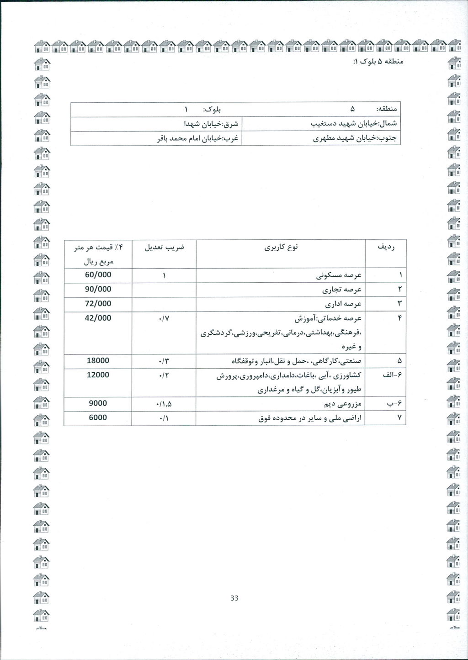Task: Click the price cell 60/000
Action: click(98, 275)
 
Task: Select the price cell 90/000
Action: click(98, 289)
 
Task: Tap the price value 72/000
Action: click(98, 303)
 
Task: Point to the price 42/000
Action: click(98, 317)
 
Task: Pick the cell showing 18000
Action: click(98, 360)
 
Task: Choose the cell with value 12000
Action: click(98, 375)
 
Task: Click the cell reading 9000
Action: click(98, 403)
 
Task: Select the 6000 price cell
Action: click(98, 417)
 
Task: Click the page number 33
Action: click(234, 598)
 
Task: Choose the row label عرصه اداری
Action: click(344, 304)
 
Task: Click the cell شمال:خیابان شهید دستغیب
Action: click(354, 124)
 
